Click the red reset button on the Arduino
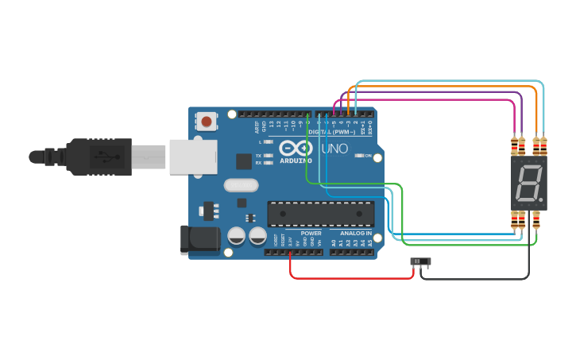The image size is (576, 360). [207, 122]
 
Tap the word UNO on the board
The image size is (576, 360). [334, 149]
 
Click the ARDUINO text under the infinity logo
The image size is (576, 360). [295, 161]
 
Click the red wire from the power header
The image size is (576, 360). [350, 277]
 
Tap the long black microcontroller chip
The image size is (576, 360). [320, 214]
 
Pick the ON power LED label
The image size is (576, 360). [368, 156]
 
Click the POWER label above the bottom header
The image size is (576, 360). [311, 234]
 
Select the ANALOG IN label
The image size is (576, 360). [356, 234]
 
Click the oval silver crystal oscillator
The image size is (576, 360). [242, 186]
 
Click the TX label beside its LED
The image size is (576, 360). [258, 155]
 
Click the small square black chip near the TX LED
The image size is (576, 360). [244, 161]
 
